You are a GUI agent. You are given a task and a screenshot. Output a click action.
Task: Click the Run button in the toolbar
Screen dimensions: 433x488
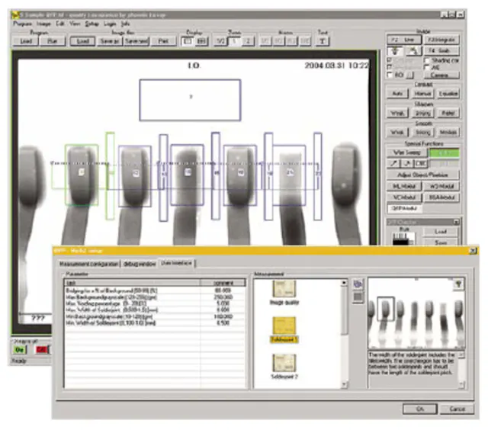pyautogui.click(x=53, y=41)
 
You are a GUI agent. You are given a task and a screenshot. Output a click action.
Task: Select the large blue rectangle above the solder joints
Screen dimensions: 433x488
pyautogui.click(x=189, y=99)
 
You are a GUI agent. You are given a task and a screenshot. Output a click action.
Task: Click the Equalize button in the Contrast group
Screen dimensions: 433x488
pyautogui.click(x=448, y=92)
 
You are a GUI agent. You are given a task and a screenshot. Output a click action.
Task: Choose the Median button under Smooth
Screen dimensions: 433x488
pyautogui.click(x=448, y=132)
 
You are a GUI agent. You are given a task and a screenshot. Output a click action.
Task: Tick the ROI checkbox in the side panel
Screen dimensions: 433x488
pyautogui.click(x=391, y=75)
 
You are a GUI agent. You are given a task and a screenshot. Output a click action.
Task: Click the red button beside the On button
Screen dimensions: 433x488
pyautogui.click(x=41, y=349)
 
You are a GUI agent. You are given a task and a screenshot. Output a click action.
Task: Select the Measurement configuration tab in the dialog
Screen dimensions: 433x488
pyautogui.click(x=90, y=263)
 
